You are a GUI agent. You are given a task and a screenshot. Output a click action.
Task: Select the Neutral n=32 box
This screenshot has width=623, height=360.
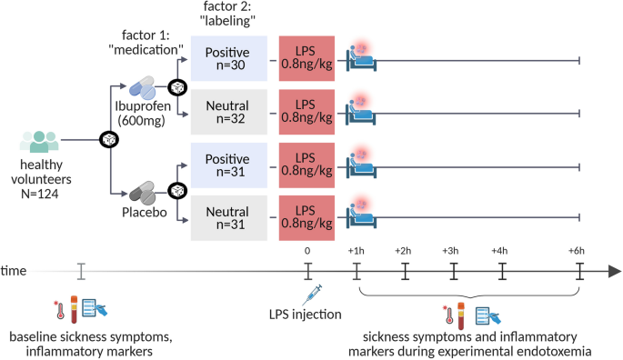228,113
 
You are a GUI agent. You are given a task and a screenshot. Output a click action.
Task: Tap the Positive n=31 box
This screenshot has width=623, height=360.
228,166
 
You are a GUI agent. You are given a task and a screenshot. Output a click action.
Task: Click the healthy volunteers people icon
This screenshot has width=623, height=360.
39,142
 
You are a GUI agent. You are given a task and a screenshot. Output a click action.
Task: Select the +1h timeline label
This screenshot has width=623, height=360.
356,250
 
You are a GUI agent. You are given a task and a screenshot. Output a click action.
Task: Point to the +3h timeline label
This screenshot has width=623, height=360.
452,250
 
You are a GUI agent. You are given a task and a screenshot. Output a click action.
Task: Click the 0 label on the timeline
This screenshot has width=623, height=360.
307,250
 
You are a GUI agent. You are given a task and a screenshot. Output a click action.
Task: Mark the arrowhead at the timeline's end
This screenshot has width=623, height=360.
614,271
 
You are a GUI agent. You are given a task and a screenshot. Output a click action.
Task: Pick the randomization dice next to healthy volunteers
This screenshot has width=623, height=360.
108,140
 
